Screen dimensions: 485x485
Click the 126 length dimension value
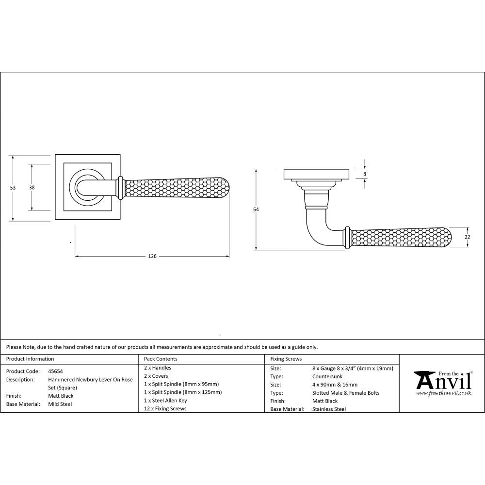point(152,256)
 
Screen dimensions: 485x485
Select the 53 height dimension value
point(13,188)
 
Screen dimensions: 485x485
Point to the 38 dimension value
point(32,188)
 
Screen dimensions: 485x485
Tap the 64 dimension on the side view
point(256,210)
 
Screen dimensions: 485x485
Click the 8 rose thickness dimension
point(364,174)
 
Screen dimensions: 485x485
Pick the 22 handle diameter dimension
point(467,237)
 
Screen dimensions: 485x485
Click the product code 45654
point(55,371)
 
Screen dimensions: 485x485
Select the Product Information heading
point(30,359)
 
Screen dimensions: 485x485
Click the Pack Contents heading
point(161,359)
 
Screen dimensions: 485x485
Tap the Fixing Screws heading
point(286,359)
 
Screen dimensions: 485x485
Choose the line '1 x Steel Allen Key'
point(165,401)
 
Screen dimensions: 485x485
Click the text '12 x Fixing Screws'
point(165,409)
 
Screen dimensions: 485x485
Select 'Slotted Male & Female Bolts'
point(346,393)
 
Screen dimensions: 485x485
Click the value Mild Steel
point(60,404)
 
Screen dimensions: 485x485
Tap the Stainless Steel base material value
point(329,409)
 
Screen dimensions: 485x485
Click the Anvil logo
point(442,381)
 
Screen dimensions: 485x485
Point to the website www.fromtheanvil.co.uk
point(443,393)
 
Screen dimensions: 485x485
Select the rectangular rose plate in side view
point(316,174)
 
